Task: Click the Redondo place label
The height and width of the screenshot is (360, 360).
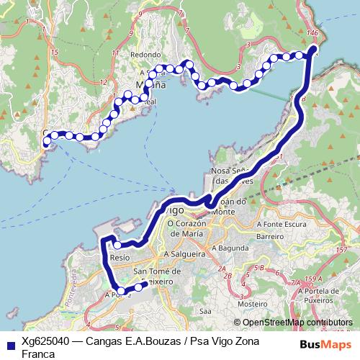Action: (145, 55)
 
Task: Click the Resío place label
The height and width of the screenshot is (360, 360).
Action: (121, 257)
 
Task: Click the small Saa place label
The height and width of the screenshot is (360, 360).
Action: (205, 311)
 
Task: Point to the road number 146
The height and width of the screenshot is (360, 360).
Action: (312, 33)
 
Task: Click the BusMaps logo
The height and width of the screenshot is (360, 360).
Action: (326, 344)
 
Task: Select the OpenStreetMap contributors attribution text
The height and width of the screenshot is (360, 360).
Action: (298, 322)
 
